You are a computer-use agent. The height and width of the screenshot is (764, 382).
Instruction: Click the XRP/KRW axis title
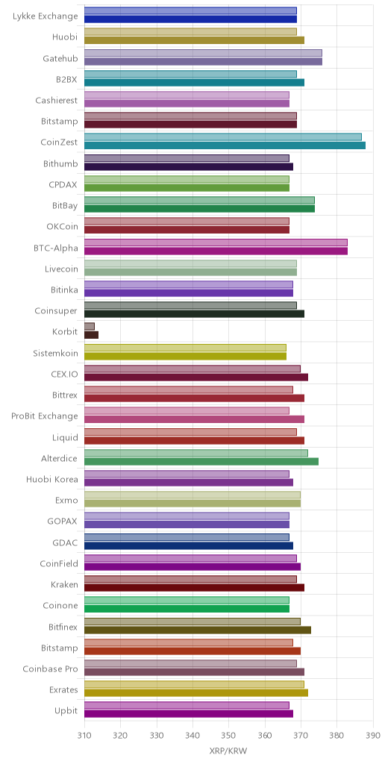click(x=228, y=751)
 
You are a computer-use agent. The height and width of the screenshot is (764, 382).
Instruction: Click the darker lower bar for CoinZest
click(x=225, y=145)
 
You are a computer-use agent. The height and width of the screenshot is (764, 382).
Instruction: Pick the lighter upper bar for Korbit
click(x=90, y=327)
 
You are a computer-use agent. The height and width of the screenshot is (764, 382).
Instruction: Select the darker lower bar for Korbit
click(x=91, y=335)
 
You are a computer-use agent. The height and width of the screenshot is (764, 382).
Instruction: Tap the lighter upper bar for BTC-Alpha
click(x=216, y=242)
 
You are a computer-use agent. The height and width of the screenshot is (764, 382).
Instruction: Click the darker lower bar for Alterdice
click(x=201, y=461)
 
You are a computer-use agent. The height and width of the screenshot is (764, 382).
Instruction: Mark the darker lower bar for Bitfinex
click(x=197, y=630)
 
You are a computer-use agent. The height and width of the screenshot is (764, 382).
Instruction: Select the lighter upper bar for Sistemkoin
click(x=185, y=348)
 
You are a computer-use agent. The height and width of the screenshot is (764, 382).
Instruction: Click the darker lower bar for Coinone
click(x=187, y=609)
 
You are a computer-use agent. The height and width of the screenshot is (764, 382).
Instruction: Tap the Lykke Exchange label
click(x=46, y=16)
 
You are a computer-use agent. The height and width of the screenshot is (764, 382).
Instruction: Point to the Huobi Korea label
click(x=52, y=479)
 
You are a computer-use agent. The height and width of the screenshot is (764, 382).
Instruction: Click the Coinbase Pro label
click(x=50, y=668)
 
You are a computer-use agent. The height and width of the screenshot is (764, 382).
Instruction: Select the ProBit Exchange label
click(x=45, y=416)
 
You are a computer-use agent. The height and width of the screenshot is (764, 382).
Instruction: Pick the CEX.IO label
click(x=64, y=374)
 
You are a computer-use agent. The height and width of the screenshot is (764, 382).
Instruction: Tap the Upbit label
click(x=66, y=711)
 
